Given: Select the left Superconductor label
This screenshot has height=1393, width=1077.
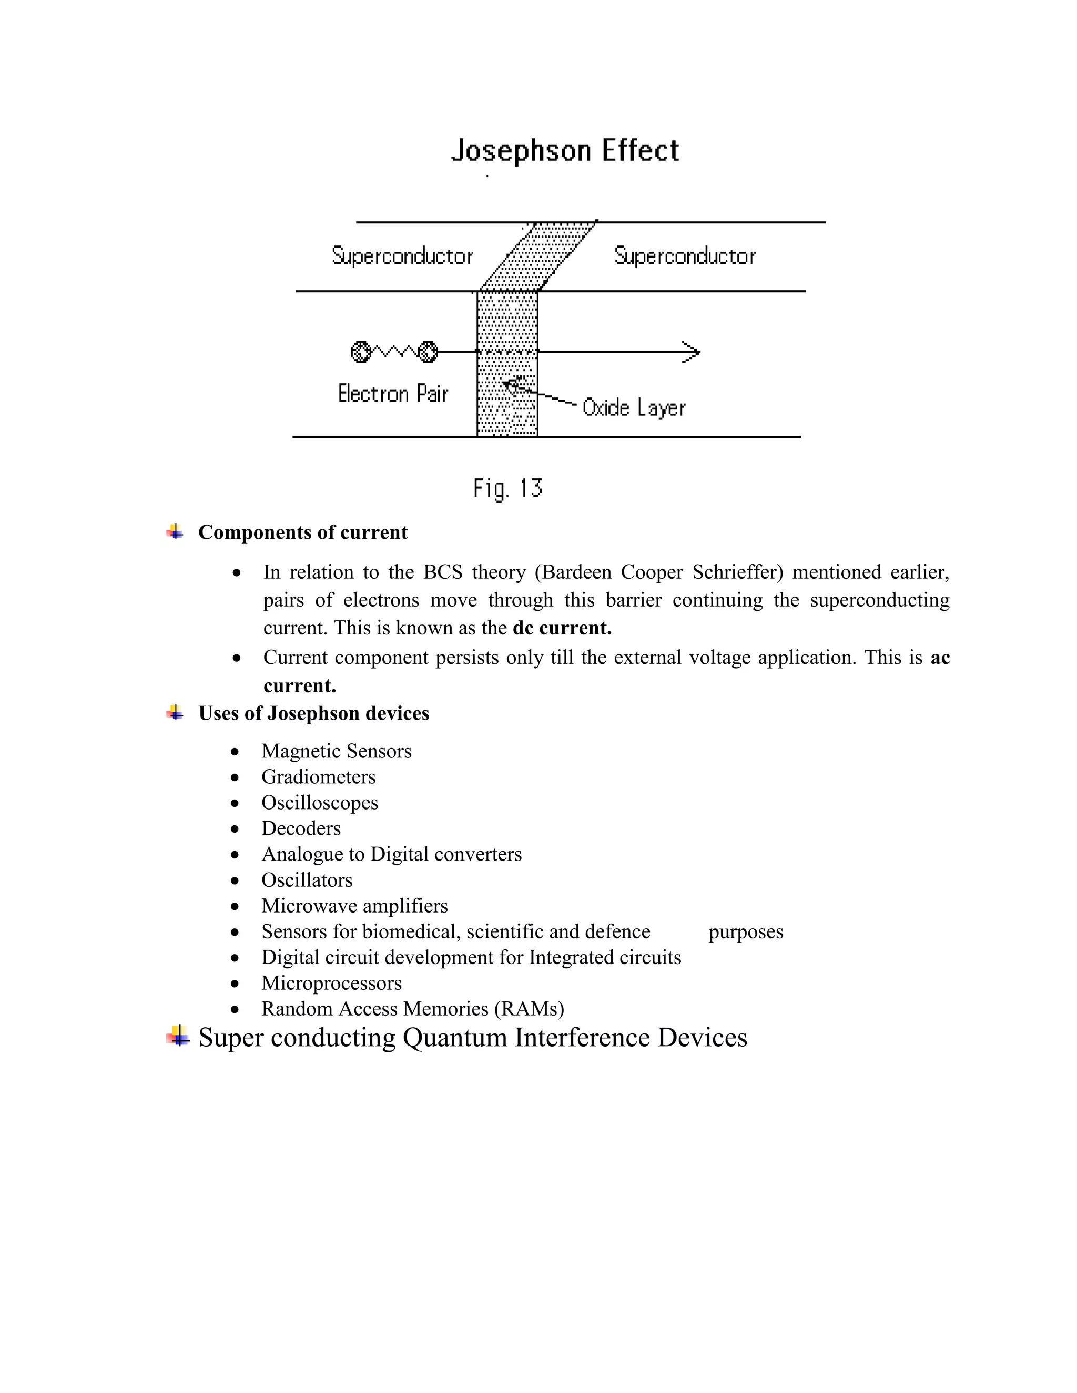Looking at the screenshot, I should tap(403, 256).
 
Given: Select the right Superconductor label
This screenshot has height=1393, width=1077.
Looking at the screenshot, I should tap(685, 256).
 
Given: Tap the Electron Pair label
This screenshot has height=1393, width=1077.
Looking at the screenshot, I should tap(393, 394).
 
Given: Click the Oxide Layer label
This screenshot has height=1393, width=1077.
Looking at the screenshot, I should tap(634, 407).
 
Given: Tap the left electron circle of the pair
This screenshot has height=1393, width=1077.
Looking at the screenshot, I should tap(360, 352).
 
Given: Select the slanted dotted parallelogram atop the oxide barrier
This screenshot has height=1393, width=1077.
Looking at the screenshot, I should tap(540, 257).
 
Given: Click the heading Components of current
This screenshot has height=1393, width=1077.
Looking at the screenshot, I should tap(302, 532).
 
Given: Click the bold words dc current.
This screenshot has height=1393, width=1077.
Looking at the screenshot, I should tap(562, 628).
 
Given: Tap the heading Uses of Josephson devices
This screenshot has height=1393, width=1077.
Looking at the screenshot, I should tap(313, 713).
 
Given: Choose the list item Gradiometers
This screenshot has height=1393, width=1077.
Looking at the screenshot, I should tap(318, 777).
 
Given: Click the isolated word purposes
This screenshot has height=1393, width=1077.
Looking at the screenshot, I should tap(745, 932).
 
